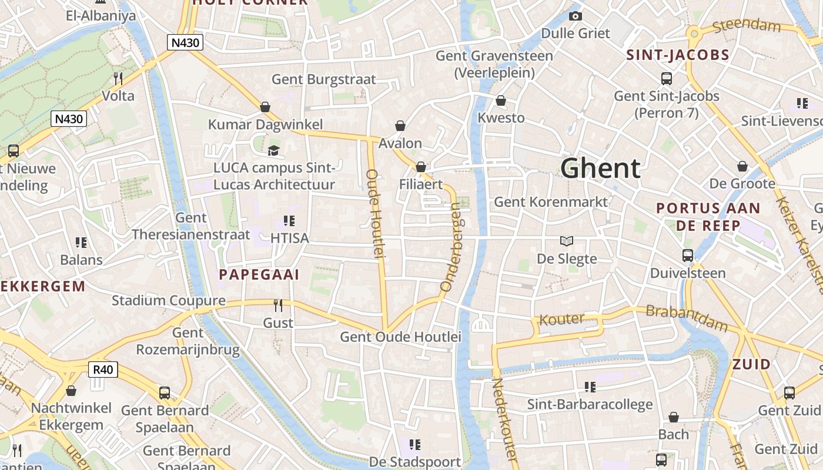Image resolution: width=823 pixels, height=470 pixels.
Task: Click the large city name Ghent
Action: click(600, 169)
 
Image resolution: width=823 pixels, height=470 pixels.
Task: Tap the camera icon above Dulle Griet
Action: click(576, 16)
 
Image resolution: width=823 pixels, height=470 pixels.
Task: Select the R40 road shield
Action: click(103, 370)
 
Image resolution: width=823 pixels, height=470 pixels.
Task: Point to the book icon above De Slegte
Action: click(567, 241)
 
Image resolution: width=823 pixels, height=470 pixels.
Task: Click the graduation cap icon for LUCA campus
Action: click(273, 151)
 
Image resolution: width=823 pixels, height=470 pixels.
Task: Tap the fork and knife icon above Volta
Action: click(118, 78)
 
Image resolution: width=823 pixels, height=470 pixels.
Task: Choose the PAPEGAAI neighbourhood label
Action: click(259, 274)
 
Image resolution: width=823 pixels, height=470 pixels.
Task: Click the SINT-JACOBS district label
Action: click(678, 56)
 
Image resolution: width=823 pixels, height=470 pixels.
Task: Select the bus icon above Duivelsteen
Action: click(688, 256)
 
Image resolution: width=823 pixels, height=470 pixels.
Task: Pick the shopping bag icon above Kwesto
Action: click(501, 100)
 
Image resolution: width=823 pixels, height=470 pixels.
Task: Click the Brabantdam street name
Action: click(686, 318)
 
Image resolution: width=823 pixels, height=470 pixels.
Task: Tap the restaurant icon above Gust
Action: click(278, 305)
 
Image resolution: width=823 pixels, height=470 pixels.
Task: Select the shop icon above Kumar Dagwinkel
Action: click(265, 107)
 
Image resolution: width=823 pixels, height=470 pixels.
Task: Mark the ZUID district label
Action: click(751, 364)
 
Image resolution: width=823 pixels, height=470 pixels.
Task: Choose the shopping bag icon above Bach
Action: click(674, 417)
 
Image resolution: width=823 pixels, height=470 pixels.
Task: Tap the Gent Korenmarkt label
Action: click(551, 202)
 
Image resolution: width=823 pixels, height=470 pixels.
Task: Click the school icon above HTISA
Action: click(289, 221)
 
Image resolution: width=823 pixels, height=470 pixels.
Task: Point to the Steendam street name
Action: click(746, 26)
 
